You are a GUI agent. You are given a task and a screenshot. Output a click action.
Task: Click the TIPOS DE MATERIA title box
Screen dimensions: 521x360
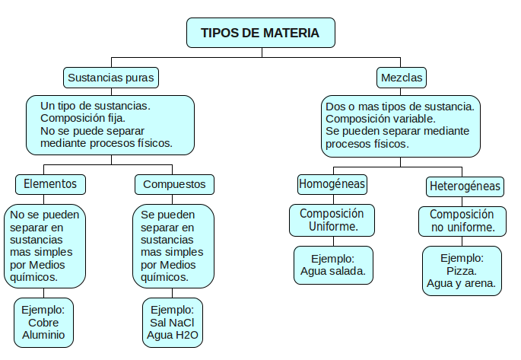(x=261, y=33)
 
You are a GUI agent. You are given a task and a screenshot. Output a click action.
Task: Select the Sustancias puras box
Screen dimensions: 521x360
(x=111, y=78)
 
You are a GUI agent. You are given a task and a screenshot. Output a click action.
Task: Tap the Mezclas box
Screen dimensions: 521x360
(x=402, y=78)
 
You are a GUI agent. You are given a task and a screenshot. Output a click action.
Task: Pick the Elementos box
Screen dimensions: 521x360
(x=50, y=184)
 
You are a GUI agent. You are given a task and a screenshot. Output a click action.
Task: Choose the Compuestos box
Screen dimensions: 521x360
(x=174, y=184)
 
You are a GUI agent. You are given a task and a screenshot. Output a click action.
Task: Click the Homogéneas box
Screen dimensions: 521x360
(x=332, y=184)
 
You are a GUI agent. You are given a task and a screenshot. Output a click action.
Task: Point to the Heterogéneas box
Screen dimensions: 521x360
(x=465, y=186)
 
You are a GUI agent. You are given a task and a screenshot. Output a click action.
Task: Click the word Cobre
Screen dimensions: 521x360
(x=43, y=323)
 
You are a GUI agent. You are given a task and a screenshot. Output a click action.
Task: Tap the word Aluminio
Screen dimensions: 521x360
(x=43, y=335)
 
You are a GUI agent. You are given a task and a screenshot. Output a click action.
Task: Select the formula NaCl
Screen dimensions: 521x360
(x=182, y=323)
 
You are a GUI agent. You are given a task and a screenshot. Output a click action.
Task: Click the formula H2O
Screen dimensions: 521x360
(x=186, y=335)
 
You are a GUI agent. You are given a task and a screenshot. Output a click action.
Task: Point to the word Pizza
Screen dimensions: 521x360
(x=462, y=271)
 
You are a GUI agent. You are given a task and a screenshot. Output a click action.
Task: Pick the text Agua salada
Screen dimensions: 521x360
(x=333, y=271)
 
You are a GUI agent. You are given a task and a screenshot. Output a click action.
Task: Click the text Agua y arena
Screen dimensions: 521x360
(x=461, y=284)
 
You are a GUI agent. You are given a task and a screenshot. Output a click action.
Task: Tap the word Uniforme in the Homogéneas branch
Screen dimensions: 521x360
(x=333, y=226)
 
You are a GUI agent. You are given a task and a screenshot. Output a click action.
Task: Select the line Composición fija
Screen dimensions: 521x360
(x=83, y=118)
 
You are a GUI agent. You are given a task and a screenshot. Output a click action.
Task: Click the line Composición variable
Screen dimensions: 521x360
(x=380, y=119)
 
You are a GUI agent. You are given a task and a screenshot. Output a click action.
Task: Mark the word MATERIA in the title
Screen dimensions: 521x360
(x=291, y=33)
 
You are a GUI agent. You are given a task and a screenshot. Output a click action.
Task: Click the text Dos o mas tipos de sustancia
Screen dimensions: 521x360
(x=400, y=107)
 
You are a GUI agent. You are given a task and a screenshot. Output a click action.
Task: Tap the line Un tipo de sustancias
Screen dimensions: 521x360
(x=95, y=106)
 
